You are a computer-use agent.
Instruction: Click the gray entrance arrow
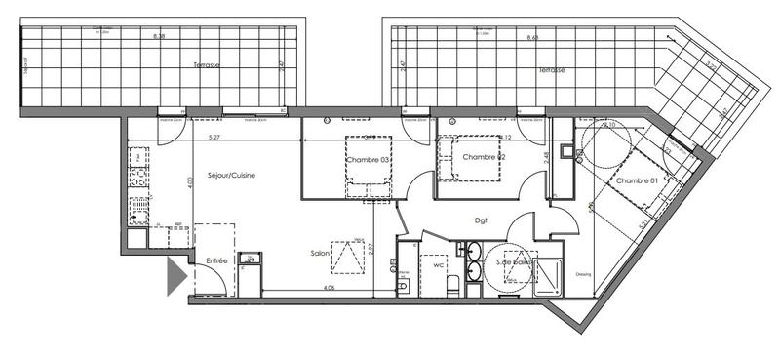click(175, 277)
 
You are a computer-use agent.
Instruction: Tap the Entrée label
click(215, 260)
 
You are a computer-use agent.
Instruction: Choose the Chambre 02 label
click(484, 157)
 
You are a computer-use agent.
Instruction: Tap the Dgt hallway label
click(481, 220)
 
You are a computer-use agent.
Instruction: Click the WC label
click(439, 263)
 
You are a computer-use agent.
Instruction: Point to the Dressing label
click(584, 273)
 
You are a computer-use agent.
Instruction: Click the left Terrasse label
click(207, 65)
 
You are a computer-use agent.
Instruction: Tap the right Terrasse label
click(552, 71)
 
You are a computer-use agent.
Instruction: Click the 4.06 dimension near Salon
click(329, 289)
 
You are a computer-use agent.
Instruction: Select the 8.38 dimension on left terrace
click(159, 37)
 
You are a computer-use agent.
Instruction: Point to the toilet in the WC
click(452, 284)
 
